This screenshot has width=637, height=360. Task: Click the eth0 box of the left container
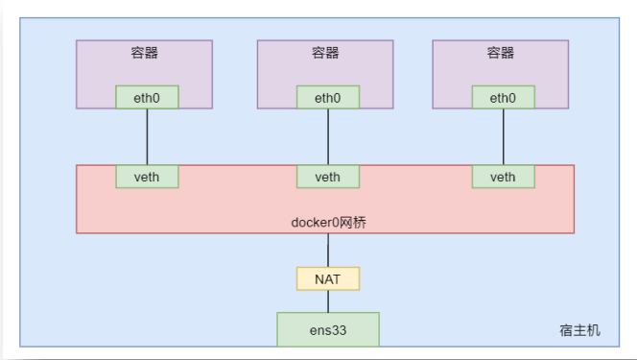pyautogui.click(x=147, y=97)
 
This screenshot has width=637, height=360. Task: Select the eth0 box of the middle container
pyautogui.click(x=328, y=97)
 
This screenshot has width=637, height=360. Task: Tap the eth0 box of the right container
pyautogui.click(x=503, y=97)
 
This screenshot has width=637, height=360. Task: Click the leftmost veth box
pyautogui.click(x=147, y=176)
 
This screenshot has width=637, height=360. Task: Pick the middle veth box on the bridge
pyautogui.click(x=328, y=176)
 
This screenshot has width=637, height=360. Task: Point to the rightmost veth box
pyautogui.click(x=503, y=176)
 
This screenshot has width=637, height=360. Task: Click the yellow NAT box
pyautogui.click(x=328, y=278)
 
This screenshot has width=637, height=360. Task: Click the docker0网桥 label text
pyautogui.click(x=328, y=222)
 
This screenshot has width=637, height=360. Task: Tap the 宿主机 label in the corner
pyautogui.click(x=579, y=329)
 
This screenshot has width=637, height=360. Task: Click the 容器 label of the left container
pyautogui.click(x=145, y=53)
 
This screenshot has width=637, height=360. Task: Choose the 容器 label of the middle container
pyautogui.click(x=326, y=53)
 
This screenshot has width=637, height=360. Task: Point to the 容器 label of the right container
pyautogui.click(x=501, y=53)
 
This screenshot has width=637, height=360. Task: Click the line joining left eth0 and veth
pyautogui.click(x=147, y=136)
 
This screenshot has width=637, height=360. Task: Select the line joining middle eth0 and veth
pyautogui.click(x=328, y=136)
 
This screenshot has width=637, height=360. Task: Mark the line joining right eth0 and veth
pyautogui.click(x=503, y=136)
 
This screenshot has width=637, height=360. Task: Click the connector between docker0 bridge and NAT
pyautogui.click(x=328, y=250)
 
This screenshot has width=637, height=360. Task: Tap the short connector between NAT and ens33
pyautogui.click(x=328, y=301)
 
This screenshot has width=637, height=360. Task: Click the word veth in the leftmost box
pyautogui.click(x=147, y=177)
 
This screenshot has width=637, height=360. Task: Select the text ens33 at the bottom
pyautogui.click(x=328, y=329)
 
